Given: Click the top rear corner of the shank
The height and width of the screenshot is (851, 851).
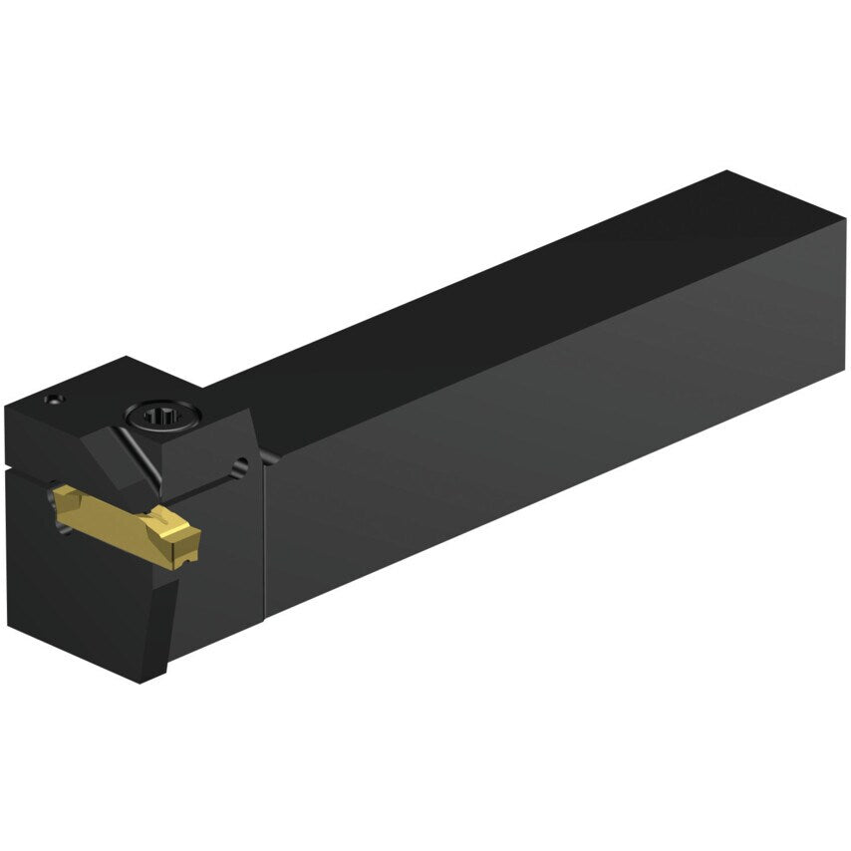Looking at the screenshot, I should point(728,173).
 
